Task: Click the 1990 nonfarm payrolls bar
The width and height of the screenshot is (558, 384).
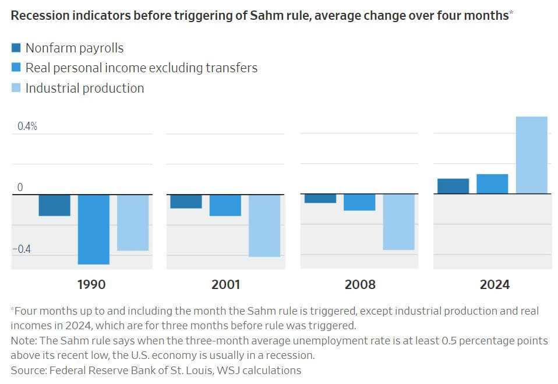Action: click(x=55, y=205)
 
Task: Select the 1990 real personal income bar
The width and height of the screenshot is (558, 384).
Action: click(x=94, y=229)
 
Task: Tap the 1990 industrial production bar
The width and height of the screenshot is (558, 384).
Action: click(x=133, y=223)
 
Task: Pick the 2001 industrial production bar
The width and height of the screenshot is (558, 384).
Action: click(x=264, y=226)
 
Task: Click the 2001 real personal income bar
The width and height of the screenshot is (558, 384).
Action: click(x=225, y=205)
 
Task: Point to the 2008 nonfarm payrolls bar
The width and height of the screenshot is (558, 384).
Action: click(x=320, y=199)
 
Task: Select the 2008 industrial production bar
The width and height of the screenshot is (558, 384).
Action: click(x=398, y=222)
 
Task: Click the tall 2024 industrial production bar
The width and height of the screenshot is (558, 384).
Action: click(x=531, y=155)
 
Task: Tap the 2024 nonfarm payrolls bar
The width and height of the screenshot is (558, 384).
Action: click(x=453, y=186)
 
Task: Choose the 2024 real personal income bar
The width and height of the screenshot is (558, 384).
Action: click(x=492, y=184)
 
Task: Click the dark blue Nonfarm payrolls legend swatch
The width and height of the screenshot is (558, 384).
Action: click(x=16, y=48)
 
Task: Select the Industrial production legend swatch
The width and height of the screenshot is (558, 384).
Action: click(x=16, y=88)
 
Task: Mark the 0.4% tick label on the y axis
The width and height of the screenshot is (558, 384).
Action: click(x=26, y=126)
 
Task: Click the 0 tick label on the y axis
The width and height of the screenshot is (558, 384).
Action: click(x=20, y=188)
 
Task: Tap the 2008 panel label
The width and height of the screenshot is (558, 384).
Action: click(x=360, y=285)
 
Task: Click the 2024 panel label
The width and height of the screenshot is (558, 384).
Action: click(x=495, y=285)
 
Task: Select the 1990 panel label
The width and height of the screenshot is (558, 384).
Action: click(x=91, y=285)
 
